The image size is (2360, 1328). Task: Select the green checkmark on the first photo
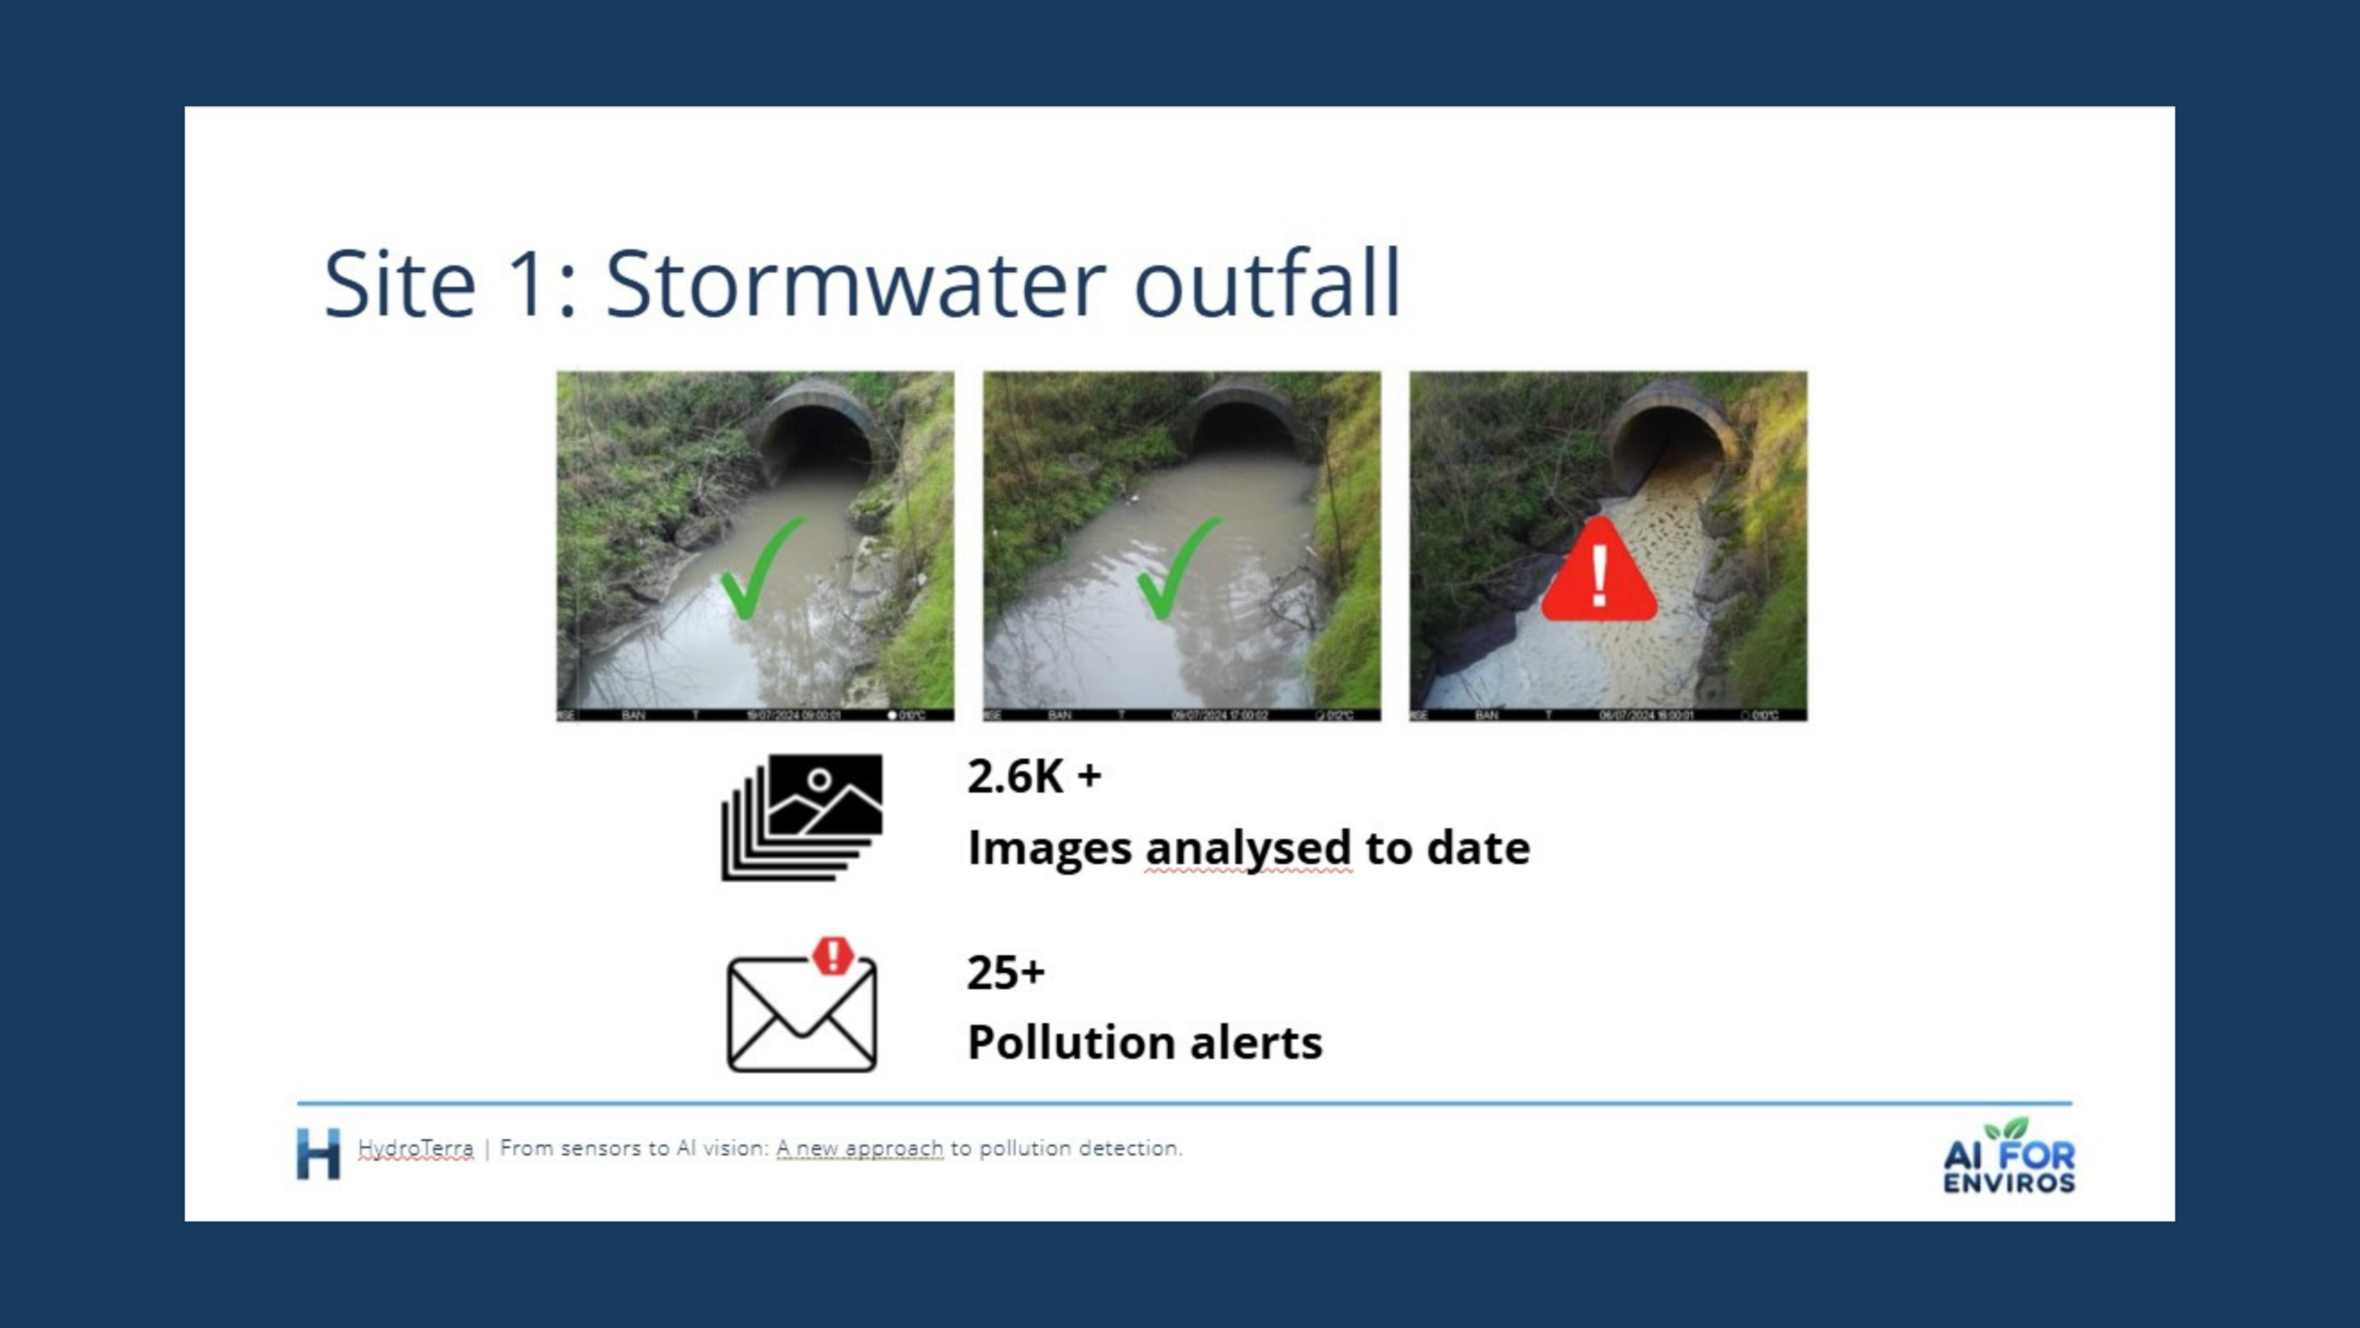tap(761, 567)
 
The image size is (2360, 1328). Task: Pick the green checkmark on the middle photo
tap(1179, 567)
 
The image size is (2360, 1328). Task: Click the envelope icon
tap(801, 1014)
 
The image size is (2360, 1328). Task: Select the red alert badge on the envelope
tap(833, 955)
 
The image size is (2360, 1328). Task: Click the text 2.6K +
tap(1033, 777)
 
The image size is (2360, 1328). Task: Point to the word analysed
tap(1248, 848)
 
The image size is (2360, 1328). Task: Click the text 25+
tap(1005, 972)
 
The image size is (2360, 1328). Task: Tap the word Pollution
tap(1069, 1043)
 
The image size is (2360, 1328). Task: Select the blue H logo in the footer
tap(318, 1153)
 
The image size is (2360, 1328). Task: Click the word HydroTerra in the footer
tap(415, 1148)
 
